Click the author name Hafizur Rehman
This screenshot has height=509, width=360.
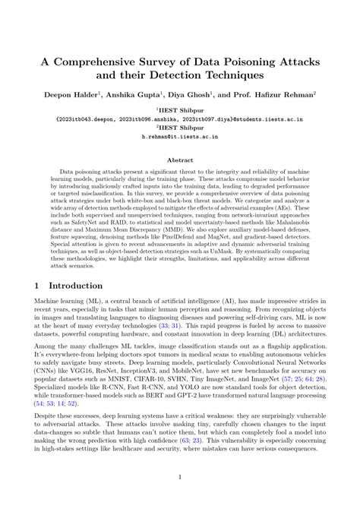pos(287,96)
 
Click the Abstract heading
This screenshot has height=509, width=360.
pos(179,161)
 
